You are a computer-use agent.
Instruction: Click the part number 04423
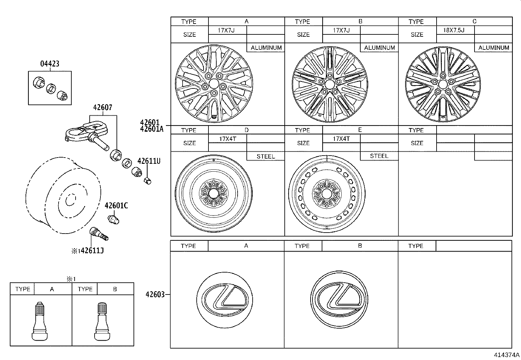[x=50, y=64]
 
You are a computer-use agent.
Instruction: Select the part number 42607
[x=102, y=107]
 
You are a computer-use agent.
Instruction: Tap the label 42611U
[x=149, y=161]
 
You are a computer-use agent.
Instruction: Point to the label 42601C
[x=116, y=206]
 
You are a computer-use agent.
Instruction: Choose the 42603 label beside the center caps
[x=155, y=294]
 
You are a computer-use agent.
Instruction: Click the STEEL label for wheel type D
[x=265, y=156]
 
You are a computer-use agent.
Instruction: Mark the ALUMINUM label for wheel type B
[x=379, y=48]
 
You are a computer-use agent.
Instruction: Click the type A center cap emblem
[x=225, y=300]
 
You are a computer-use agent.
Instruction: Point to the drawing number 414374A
[x=507, y=355]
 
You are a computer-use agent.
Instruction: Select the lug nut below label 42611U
[x=147, y=180]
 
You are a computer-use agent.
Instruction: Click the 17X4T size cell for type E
[x=341, y=139]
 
